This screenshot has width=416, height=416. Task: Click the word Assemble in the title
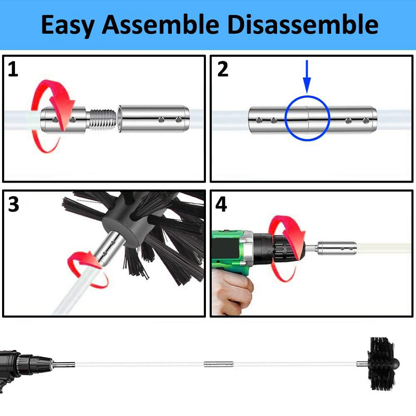coord(161,25)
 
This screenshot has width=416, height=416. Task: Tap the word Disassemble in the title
coord(303,25)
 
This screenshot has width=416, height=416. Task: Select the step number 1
coord(13,69)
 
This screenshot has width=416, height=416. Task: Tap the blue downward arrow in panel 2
coord(307,77)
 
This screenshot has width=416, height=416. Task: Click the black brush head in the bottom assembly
coord(384,364)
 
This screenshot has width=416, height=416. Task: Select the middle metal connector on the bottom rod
coord(219,364)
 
